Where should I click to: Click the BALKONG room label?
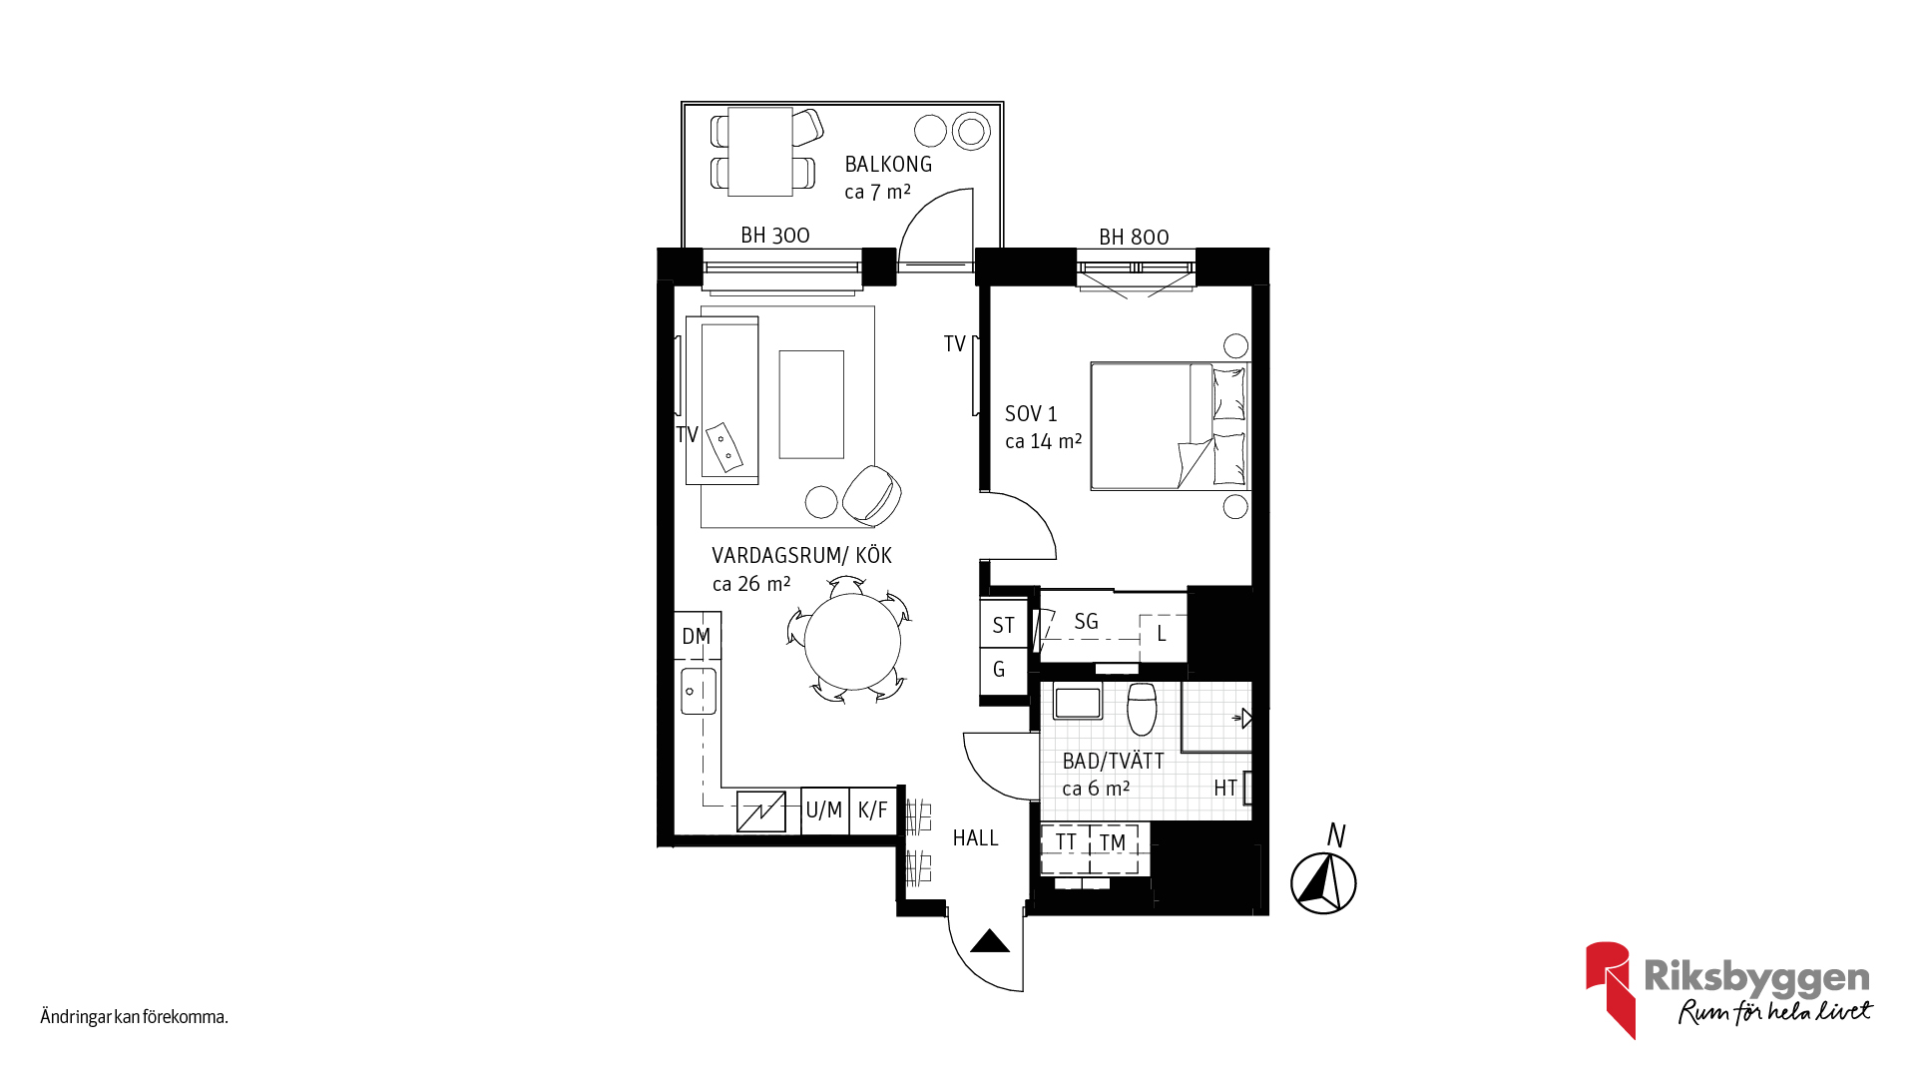(888, 165)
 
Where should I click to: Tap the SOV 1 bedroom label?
(1031, 414)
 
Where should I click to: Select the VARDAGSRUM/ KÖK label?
(801, 556)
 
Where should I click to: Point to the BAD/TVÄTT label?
(1113, 762)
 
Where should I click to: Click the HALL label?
(975, 838)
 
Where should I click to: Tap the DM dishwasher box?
(698, 636)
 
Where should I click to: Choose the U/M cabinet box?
(824, 810)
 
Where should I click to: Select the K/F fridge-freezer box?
(873, 810)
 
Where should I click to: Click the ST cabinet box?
(1004, 625)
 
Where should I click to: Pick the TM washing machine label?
(1113, 843)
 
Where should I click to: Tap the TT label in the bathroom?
(1066, 843)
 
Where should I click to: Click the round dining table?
(852, 642)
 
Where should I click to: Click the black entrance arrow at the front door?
(990, 941)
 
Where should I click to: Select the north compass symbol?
(1323, 883)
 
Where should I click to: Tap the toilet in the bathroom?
(1142, 708)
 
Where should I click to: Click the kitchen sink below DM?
(699, 691)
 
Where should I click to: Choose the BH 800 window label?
(1134, 238)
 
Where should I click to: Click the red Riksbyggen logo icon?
(1610, 989)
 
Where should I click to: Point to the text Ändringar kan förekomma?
(135, 1017)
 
